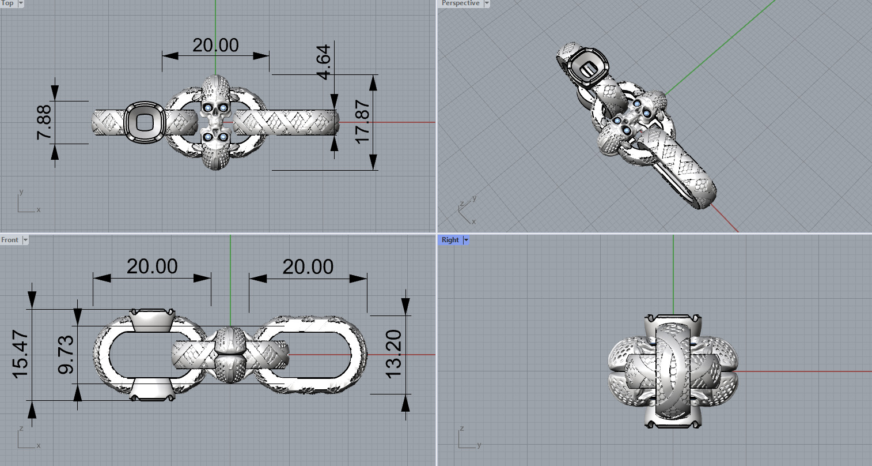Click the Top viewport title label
7,3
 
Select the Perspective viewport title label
460,3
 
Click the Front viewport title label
10,240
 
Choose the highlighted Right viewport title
450,240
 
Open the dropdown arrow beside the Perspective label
487,3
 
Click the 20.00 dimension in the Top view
215,45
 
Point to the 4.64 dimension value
324,62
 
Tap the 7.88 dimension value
44,122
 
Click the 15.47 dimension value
20,354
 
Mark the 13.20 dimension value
393,354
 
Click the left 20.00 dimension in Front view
152,266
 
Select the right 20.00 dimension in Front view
308,266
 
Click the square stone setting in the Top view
145,122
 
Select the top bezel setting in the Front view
151,320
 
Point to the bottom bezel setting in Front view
151,389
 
